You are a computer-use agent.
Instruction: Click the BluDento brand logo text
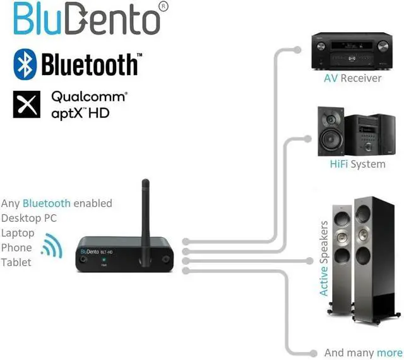click(x=85, y=21)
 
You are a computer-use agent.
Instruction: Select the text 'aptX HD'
click(x=80, y=113)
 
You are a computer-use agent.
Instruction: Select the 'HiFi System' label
click(x=357, y=164)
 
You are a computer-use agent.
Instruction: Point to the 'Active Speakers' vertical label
click(x=324, y=258)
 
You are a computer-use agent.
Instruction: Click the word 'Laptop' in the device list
click(x=18, y=233)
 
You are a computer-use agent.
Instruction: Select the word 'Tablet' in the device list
click(x=16, y=262)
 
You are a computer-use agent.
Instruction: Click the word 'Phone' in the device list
click(x=16, y=248)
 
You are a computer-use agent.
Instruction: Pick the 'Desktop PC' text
click(x=29, y=218)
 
